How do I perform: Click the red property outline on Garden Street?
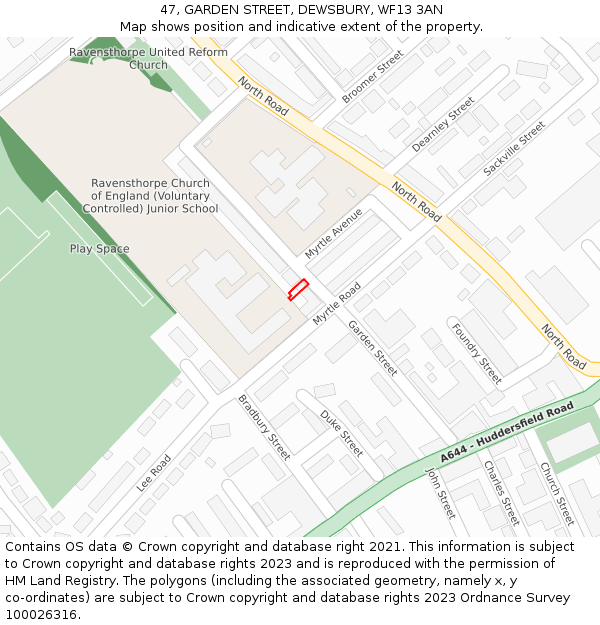(x=298, y=289)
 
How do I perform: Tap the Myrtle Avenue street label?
(x=334, y=234)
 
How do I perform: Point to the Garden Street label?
(x=372, y=347)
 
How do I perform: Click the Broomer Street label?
(x=372, y=76)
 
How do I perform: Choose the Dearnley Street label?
(x=443, y=124)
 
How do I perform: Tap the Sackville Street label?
(x=514, y=149)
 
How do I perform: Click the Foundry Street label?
(x=476, y=353)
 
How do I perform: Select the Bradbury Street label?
(x=264, y=427)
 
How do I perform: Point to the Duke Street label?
(x=342, y=433)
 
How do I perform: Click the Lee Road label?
(x=154, y=473)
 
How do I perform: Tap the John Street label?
(x=440, y=493)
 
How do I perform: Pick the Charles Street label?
(x=501, y=493)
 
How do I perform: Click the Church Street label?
(x=557, y=493)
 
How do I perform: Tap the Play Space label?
(x=99, y=248)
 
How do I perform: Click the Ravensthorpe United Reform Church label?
(x=148, y=58)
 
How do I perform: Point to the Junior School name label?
(x=150, y=196)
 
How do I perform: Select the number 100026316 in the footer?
(x=42, y=615)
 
